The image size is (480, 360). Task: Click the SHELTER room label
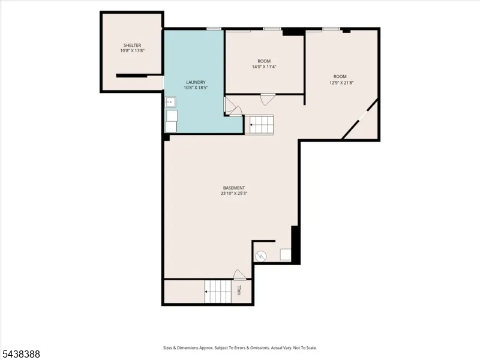click(132, 46)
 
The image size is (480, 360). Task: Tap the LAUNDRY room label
click(196, 82)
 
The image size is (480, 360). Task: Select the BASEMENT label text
click(234, 188)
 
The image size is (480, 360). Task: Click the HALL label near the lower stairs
click(239, 290)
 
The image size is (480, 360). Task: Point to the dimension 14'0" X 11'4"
click(264, 67)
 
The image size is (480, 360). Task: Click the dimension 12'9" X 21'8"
click(341, 82)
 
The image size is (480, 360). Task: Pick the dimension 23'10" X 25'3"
click(234, 193)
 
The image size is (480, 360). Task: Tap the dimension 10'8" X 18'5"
click(196, 88)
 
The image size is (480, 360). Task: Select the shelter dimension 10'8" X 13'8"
click(132, 51)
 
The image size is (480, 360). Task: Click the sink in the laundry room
click(170, 102)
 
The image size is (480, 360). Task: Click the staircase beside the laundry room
click(259, 125)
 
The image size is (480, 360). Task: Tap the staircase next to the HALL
click(218, 292)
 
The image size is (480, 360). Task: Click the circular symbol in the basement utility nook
click(260, 257)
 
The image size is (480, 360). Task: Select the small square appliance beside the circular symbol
click(286, 254)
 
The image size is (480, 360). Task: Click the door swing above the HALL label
click(239, 275)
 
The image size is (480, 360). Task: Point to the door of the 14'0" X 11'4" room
click(266, 99)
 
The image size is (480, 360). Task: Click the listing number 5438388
click(20, 354)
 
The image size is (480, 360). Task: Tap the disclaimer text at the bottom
click(240, 348)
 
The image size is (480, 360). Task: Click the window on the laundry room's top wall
click(214, 29)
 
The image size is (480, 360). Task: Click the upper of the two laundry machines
click(172, 115)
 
